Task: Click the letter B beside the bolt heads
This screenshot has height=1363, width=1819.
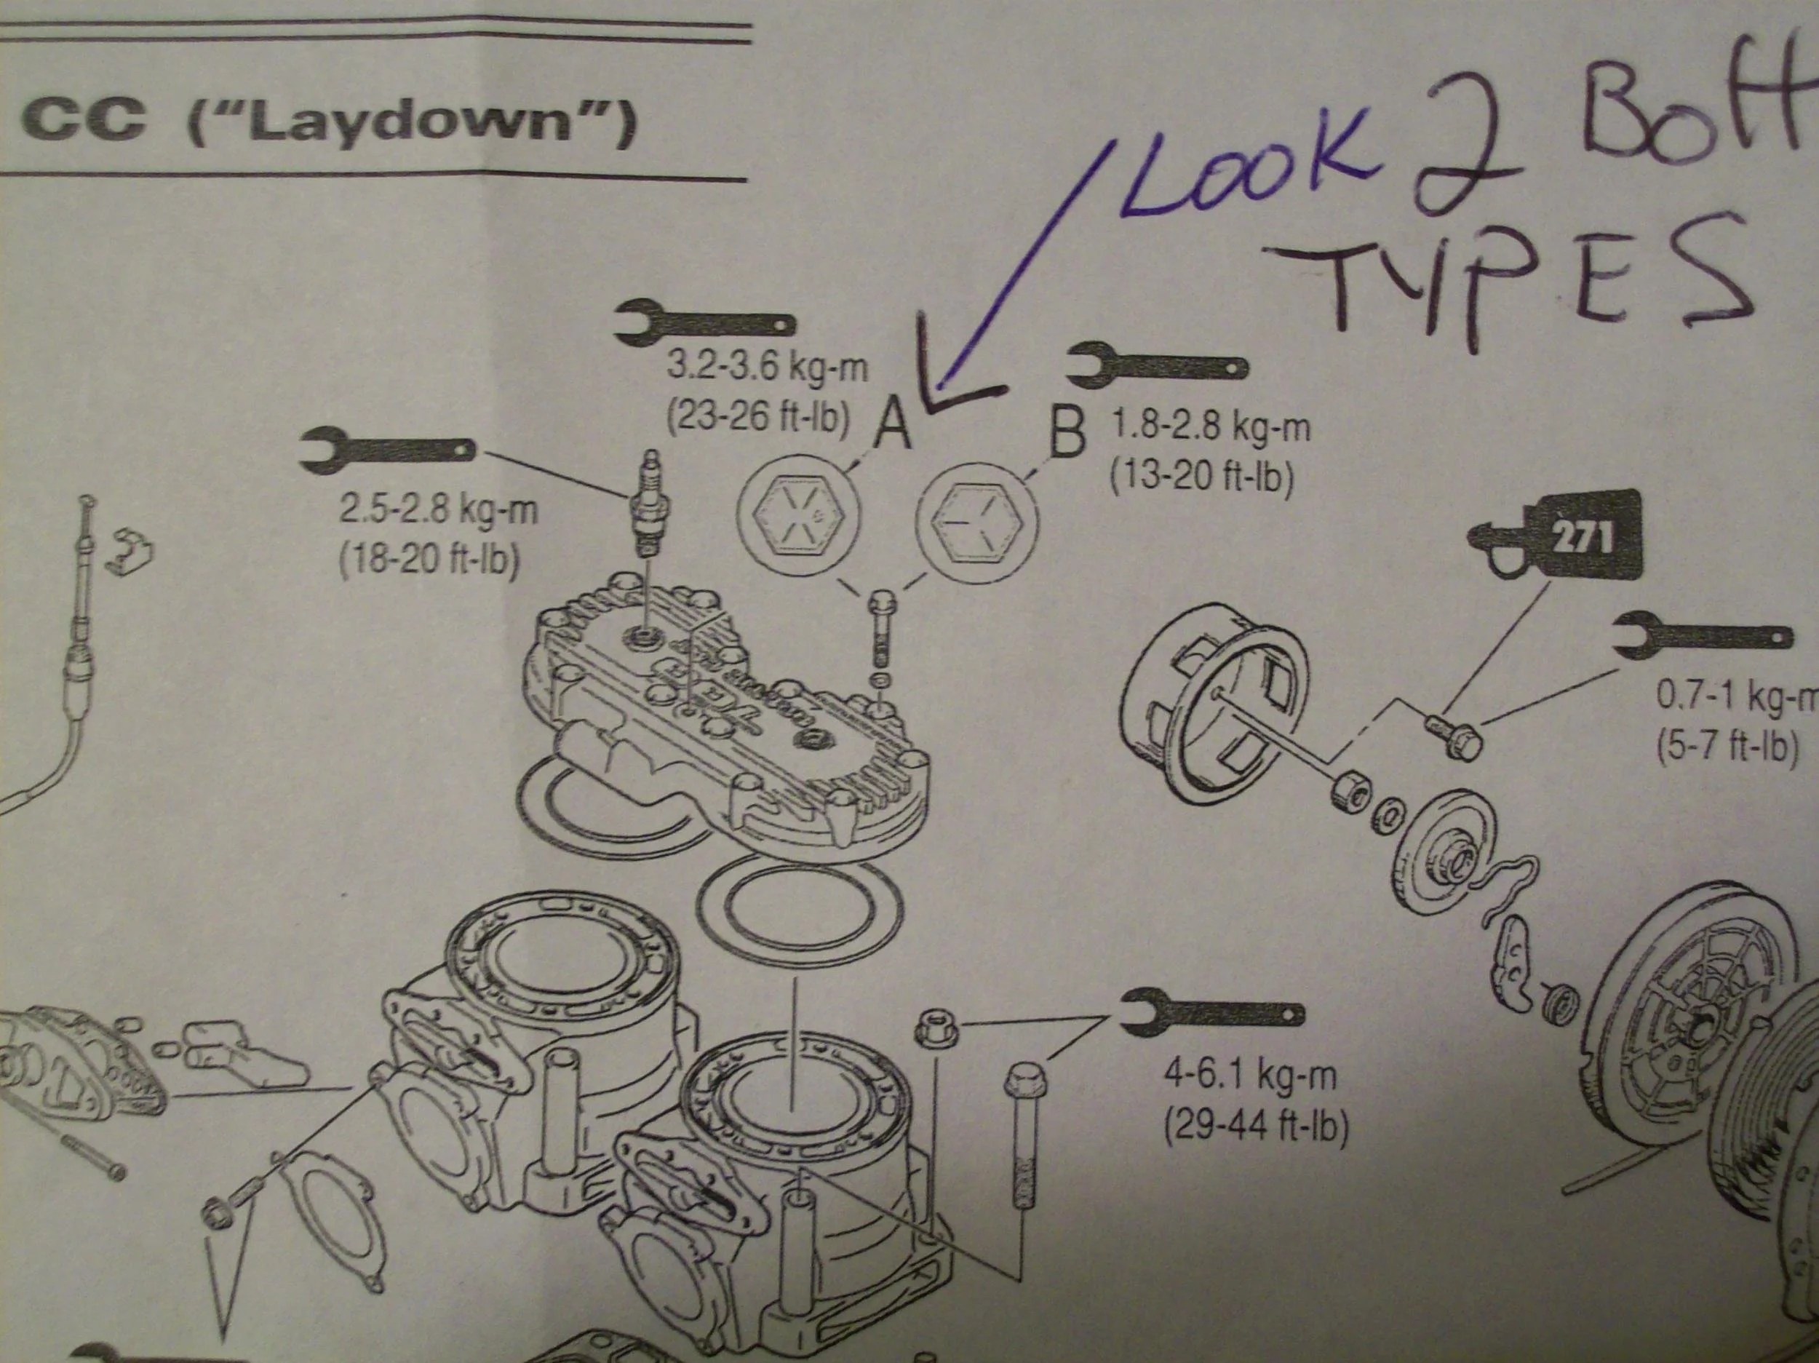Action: pyautogui.click(x=1067, y=436)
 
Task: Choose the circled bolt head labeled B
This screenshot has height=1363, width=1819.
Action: pyautogui.click(x=977, y=523)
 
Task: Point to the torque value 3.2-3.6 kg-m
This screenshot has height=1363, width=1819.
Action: pyautogui.click(x=766, y=367)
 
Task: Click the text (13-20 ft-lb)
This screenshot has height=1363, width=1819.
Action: pyautogui.click(x=1201, y=475)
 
